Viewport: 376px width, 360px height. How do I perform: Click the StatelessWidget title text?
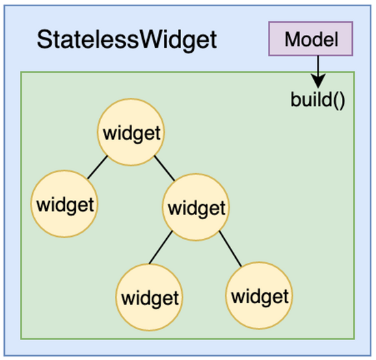point(127,40)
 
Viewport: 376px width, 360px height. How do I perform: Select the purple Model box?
point(310,38)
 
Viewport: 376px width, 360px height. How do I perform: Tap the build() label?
point(318,100)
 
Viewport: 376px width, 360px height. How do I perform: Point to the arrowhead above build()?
point(318,81)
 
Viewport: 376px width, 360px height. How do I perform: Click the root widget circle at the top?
point(131,132)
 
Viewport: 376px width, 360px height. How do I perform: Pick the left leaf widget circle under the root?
point(64,204)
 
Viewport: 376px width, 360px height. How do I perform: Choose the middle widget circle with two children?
point(196,207)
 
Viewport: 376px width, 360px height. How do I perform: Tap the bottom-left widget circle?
point(150,297)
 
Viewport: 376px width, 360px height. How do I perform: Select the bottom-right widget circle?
point(259,296)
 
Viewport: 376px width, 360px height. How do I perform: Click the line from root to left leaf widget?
point(98,167)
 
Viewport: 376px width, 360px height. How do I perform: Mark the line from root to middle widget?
point(164,168)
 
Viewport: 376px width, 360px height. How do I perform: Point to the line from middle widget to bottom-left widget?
point(161,247)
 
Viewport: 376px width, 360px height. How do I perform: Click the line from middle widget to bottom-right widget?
point(230,248)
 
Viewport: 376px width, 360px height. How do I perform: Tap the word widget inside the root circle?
point(132,133)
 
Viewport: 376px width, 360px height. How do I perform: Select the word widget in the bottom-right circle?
point(260,297)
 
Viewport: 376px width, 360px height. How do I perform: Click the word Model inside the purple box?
point(312,40)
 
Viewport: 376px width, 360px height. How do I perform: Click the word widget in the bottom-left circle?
point(150,298)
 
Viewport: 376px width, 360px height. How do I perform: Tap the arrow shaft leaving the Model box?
point(318,65)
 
